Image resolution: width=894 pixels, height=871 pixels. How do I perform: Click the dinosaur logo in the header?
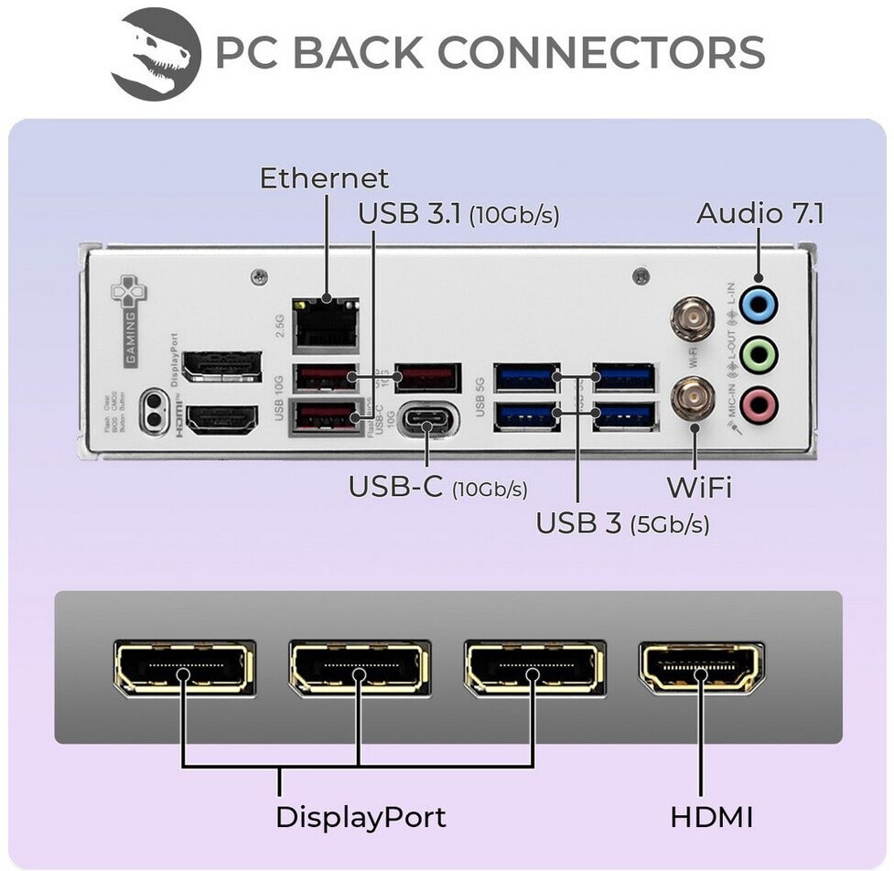coord(156,54)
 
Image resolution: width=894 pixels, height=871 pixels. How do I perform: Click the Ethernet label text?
coord(324,177)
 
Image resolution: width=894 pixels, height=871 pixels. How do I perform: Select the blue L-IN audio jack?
coord(758,306)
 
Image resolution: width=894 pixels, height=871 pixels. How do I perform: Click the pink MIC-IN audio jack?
coord(758,405)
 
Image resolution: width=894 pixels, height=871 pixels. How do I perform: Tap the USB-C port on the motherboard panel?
coord(428,422)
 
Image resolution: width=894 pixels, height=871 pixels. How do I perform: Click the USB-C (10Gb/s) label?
coord(437,488)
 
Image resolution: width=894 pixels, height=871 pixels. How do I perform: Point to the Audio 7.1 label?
coord(760,213)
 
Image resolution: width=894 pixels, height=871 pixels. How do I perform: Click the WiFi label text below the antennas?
coord(698,487)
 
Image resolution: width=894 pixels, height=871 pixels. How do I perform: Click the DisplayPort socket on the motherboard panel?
coord(221,366)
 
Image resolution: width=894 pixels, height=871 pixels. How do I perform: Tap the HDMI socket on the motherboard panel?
coord(221,420)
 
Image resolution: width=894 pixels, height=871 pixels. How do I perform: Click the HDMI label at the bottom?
coord(711,816)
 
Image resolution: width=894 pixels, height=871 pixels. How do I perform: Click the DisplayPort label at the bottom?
coord(361,816)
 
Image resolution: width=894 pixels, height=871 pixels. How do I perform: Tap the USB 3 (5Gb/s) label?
coord(622,523)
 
